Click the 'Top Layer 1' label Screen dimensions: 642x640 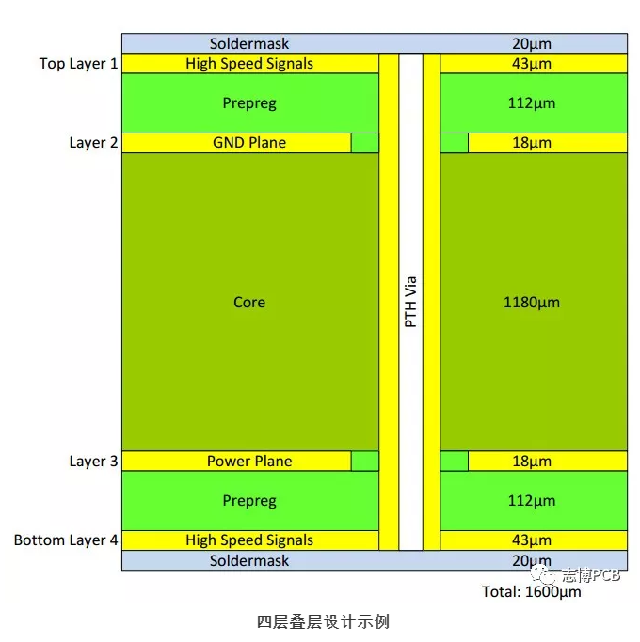(79, 64)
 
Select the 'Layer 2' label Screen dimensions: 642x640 (93, 143)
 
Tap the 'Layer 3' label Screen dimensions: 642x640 (93, 462)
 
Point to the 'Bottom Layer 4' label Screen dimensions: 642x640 (66, 540)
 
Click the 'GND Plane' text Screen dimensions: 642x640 (249, 143)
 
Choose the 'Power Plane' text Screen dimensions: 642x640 (249, 462)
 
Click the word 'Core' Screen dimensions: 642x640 (249, 303)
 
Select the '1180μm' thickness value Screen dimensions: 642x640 (532, 303)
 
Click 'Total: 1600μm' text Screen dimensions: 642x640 (531, 592)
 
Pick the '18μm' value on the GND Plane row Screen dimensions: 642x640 (532, 143)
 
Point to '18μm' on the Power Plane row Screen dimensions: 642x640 (532, 462)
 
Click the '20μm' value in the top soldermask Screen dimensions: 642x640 (532, 43)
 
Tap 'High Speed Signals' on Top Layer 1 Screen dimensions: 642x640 (249, 64)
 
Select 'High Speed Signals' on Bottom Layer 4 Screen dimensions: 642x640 (249, 540)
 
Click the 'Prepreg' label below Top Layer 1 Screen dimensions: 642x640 (249, 103)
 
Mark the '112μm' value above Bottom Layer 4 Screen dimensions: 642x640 (532, 501)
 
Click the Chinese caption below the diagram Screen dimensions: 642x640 (323, 621)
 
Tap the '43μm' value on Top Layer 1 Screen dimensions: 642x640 (532, 64)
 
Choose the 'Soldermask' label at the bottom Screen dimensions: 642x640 (249, 561)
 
